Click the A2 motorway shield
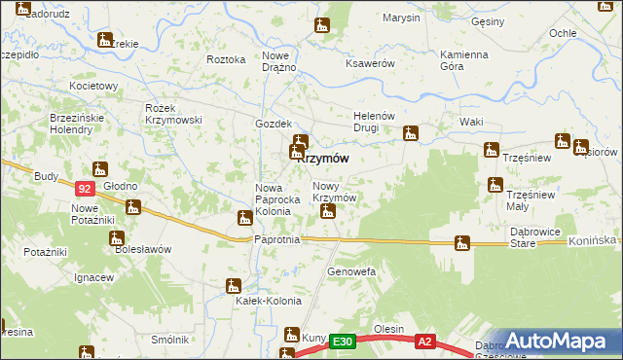[x=424, y=342]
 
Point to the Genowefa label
[x=351, y=270]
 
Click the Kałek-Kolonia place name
[x=267, y=301]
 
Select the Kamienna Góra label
[x=463, y=60]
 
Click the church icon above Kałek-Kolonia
[x=233, y=285]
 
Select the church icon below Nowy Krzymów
[x=328, y=209]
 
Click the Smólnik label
[x=169, y=340]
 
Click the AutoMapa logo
[x=558, y=341]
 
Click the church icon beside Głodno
[x=133, y=206]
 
